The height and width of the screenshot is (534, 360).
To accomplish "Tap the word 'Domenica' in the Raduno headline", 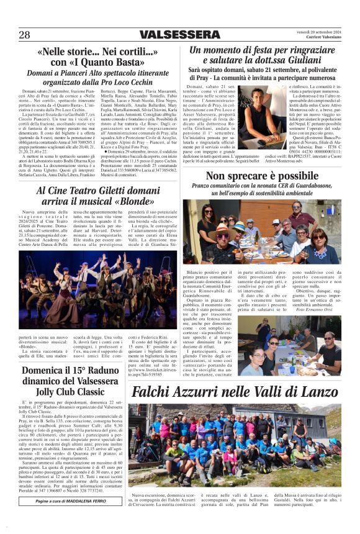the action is [42, 371].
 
